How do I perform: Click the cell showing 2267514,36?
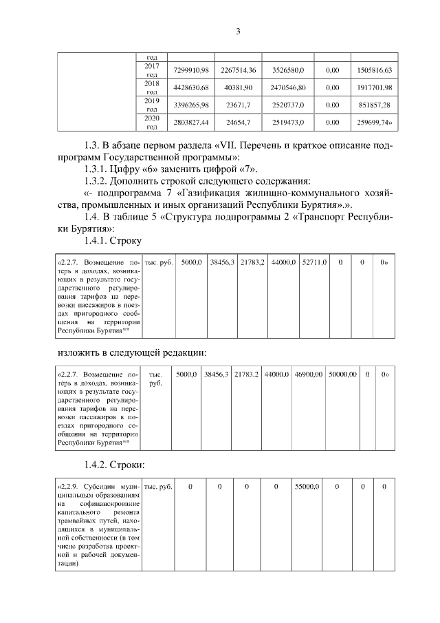point(239,70)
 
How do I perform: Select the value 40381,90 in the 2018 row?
point(239,88)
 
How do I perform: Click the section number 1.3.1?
point(97,169)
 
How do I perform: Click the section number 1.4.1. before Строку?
point(97,241)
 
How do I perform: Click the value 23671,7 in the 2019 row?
point(239,105)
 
